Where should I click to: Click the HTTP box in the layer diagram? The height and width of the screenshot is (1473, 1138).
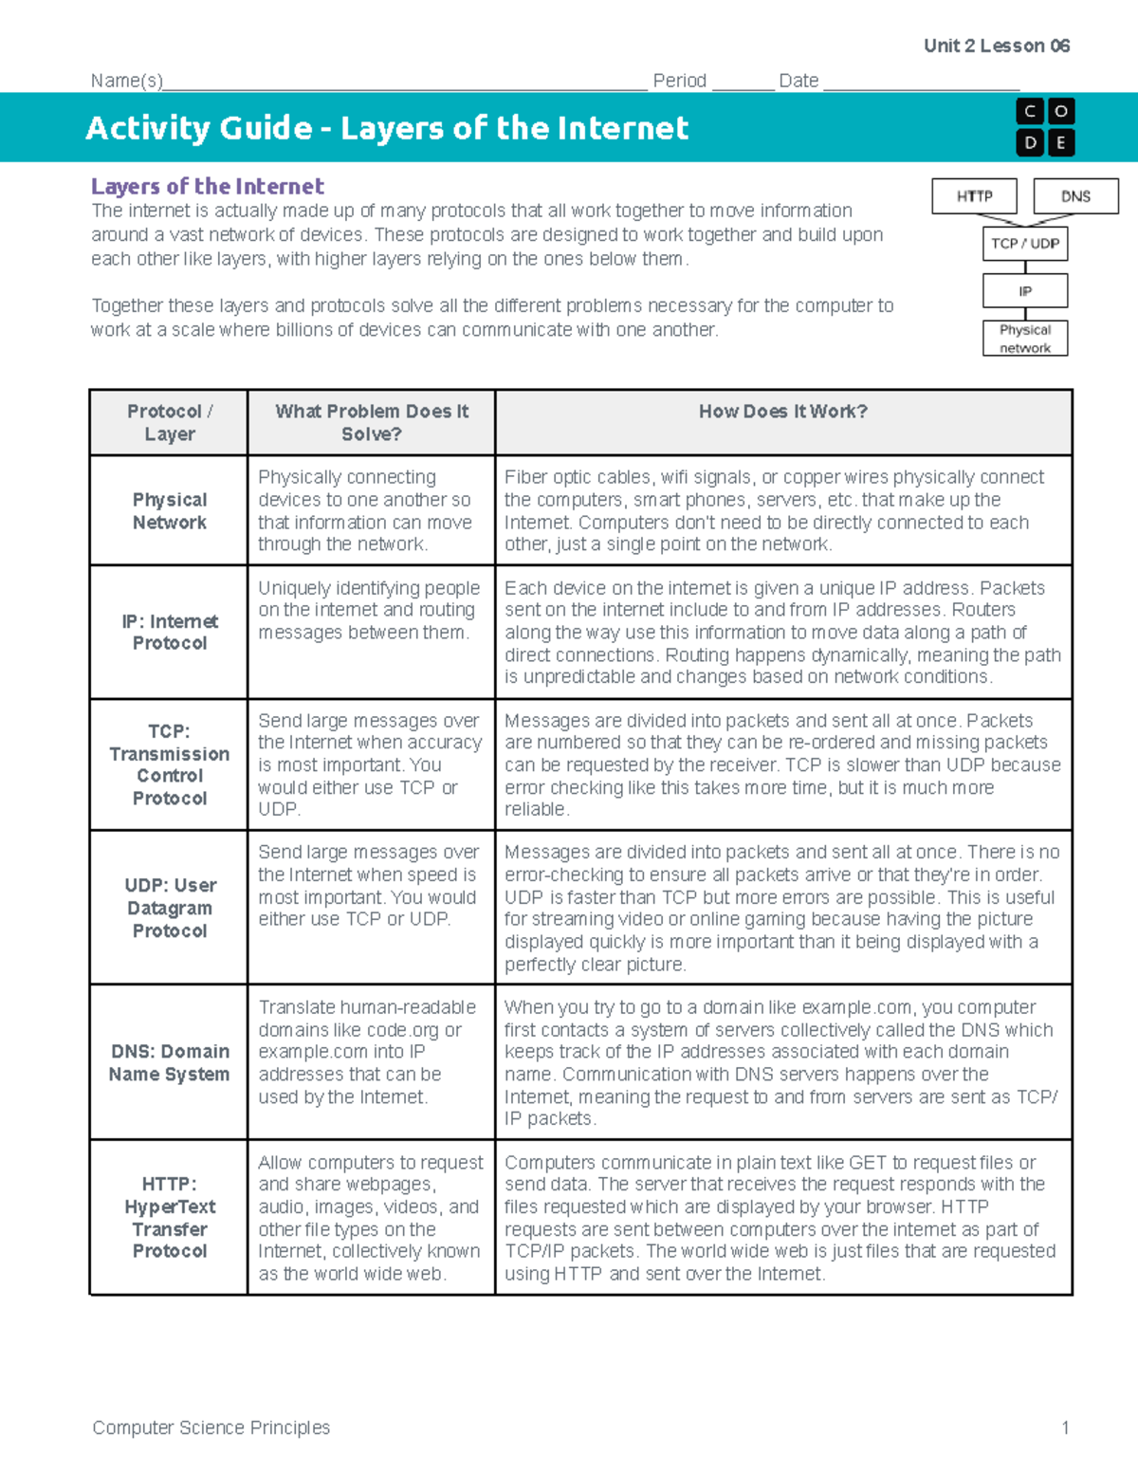tap(974, 196)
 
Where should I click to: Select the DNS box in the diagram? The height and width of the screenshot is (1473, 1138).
tap(1075, 196)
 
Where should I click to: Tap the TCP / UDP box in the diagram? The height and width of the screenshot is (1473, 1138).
tap(1025, 244)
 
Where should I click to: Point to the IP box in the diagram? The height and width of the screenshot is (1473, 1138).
tap(1025, 291)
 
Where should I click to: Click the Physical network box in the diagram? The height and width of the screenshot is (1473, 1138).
tap(1025, 339)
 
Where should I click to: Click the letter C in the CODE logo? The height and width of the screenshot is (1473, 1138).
tap(1030, 112)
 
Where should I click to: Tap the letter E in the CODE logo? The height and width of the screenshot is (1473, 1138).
tap(1060, 143)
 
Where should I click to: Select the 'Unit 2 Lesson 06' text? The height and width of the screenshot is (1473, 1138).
tap(997, 46)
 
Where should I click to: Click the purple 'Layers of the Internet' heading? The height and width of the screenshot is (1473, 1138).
tap(207, 186)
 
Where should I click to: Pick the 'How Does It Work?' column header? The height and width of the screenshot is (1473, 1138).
tap(782, 412)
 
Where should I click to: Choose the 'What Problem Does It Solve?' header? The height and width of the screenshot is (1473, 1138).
tap(372, 422)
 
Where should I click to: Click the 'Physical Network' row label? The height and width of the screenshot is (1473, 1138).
tap(169, 510)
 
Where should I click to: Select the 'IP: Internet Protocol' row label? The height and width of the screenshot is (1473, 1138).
tap(169, 632)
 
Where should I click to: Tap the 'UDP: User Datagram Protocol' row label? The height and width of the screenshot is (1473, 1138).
tap(169, 908)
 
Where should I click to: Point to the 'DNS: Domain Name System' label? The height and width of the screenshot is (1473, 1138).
tap(169, 1062)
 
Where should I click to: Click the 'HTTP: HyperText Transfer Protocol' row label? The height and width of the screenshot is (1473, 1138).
tap(169, 1217)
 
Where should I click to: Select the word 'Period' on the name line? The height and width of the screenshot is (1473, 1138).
tap(679, 81)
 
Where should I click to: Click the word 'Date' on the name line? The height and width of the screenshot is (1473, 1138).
tap(798, 81)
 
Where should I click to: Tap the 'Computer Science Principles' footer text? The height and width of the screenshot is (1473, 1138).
tap(211, 1427)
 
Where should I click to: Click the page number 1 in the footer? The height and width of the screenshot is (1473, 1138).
tap(1065, 1427)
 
